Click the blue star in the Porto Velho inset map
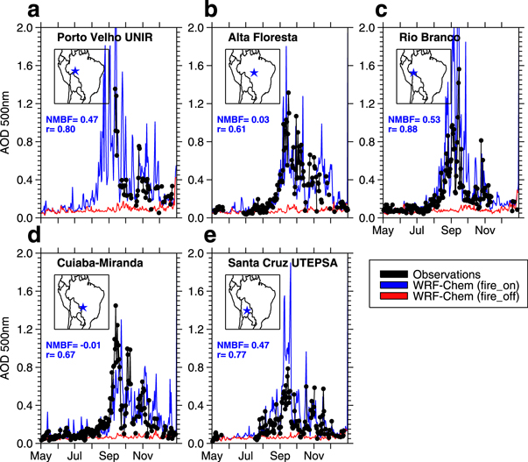point(75,71)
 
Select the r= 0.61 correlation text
point(235,130)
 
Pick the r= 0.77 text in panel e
point(235,357)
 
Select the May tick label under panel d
point(40,456)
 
